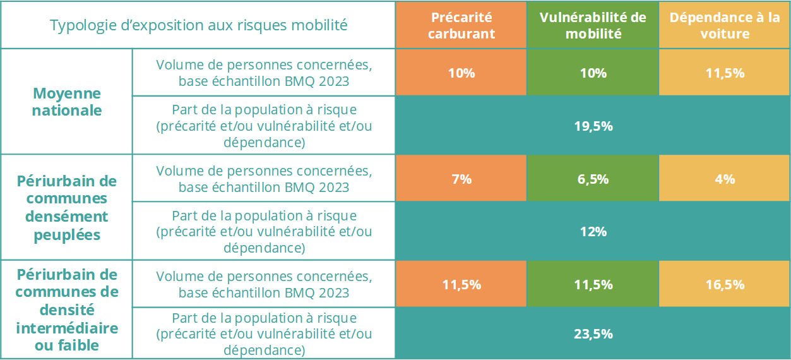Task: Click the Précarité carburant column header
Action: pyautogui.click(x=461, y=25)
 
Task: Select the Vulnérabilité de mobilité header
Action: pyautogui.click(x=593, y=25)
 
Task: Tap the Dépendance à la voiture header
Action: pyautogui.click(x=725, y=25)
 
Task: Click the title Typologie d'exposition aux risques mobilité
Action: pyautogui.click(x=198, y=25)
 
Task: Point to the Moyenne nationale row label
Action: pyautogui.click(x=67, y=101)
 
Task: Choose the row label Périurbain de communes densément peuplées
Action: pyautogui.click(x=67, y=207)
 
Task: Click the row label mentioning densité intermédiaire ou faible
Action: pyautogui.click(x=67, y=309)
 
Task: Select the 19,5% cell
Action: pyautogui.click(x=593, y=126)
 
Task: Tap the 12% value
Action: pyautogui.click(x=593, y=232)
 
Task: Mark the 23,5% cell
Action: pyautogui.click(x=593, y=333)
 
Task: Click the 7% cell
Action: pyautogui.click(x=461, y=179)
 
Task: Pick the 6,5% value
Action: pyautogui.click(x=593, y=179)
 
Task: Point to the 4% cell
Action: pyautogui.click(x=725, y=179)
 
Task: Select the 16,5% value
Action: pyautogui.click(x=725, y=284)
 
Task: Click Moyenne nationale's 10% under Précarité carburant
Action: pyautogui.click(x=461, y=73)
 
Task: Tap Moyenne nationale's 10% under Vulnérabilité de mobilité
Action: pyautogui.click(x=593, y=73)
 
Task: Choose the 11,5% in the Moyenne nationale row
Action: pyautogui.click(x=725, y=73)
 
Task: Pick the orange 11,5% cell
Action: pyautogui.click(x=461, y=284)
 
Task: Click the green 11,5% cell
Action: pyautogui.click(x=593, y=284)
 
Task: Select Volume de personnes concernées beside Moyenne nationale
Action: pyautogui.click(x=264, y=73)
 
